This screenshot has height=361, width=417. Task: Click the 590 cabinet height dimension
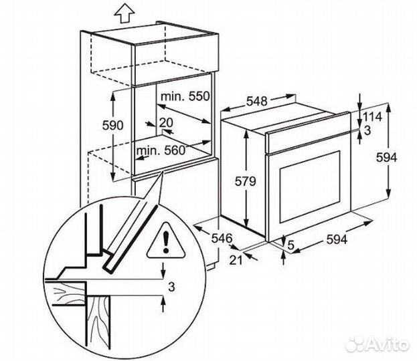tap(112, 125)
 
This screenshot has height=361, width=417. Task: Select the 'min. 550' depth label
tap(185, 96)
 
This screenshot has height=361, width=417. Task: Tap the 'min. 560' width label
tap(161, 150)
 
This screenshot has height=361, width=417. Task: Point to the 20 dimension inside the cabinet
tap(166, 123)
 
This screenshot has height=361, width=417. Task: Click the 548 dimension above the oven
tap(256, 101)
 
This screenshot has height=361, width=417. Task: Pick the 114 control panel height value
tap(372, 117)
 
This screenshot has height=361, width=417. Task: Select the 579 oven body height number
tap(245, 181)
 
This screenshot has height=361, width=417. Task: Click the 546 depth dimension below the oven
tap(222, 238)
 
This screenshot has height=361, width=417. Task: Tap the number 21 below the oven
tap(236, 260)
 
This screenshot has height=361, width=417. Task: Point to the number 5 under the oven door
tap(291, 245)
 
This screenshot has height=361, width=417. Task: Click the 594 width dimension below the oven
tap(337, 239)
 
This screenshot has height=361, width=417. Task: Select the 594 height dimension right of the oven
tap(386, 158)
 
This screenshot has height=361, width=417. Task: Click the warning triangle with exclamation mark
tap(166, 241)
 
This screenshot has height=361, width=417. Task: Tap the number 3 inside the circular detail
tap(172, 287)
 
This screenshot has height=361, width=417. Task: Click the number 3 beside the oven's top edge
tap(367, 130)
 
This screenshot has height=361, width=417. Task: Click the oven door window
tap(309, 187)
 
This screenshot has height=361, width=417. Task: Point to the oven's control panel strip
tap(309, 133)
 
